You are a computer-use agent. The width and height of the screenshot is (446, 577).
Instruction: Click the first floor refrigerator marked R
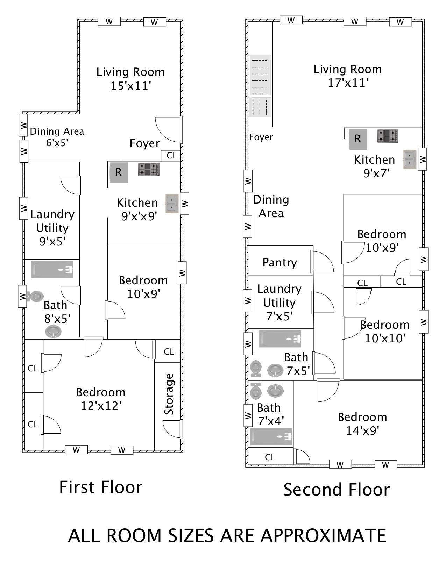(119, 173)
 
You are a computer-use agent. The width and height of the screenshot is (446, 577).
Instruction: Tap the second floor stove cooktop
(388, 136)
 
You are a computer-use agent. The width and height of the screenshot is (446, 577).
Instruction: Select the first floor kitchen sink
(172, 204)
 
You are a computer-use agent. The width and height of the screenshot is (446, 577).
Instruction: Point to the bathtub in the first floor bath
(52, 270)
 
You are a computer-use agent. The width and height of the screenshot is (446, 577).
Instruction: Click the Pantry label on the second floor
(280, 263)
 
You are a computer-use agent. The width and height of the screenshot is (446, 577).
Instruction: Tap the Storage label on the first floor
(169, 394)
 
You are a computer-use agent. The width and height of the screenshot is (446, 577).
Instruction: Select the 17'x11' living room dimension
(348, 83)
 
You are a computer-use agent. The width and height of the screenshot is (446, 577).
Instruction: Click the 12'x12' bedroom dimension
(101, 406)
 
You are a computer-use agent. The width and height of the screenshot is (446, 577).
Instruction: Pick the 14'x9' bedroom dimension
(362, 430)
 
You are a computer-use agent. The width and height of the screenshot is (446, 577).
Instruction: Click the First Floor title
(101, 487)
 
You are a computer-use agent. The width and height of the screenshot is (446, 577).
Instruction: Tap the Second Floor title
(337, 490)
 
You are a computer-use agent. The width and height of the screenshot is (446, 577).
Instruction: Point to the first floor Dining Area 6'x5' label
(57, 137)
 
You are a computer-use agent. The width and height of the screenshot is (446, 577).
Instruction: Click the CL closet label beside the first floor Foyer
(172, 155)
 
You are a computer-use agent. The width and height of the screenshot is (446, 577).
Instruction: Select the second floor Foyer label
(261, 137)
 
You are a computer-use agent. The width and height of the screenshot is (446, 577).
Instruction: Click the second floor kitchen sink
(410, 159)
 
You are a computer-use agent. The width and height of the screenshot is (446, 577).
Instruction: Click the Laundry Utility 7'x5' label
(279, 302)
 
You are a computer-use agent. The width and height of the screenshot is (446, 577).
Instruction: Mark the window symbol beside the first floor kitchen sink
(185, 204)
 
